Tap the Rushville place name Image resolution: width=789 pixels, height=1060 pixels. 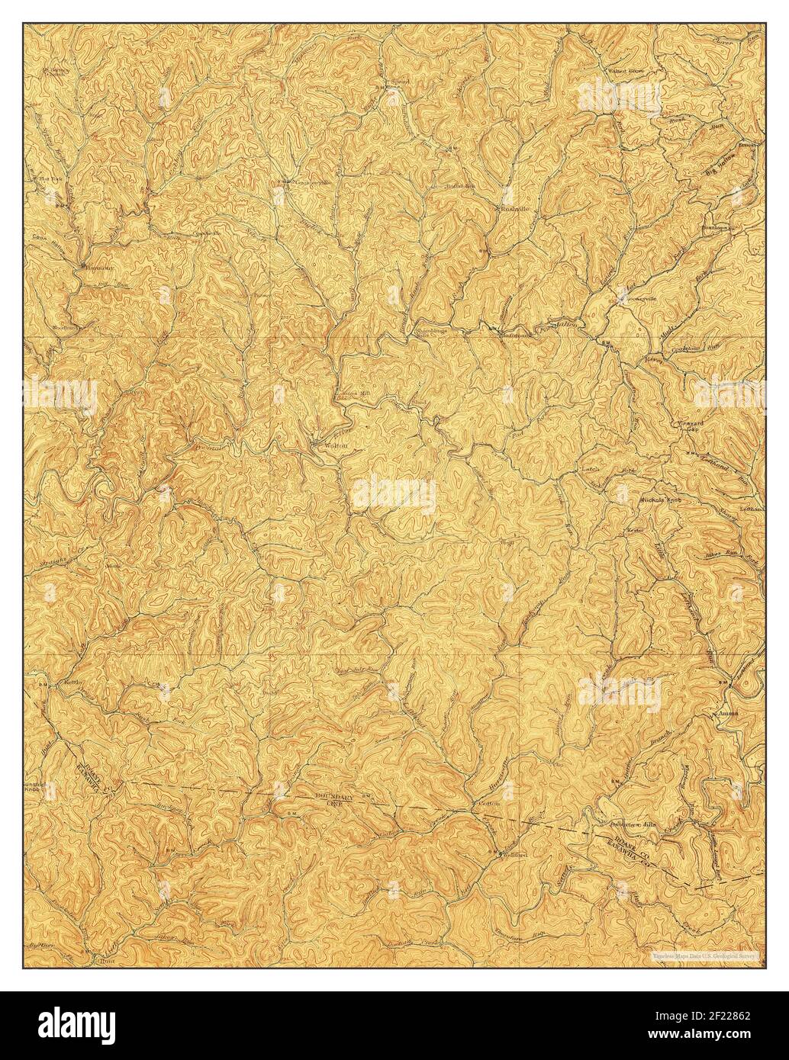[x=514, y=208]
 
